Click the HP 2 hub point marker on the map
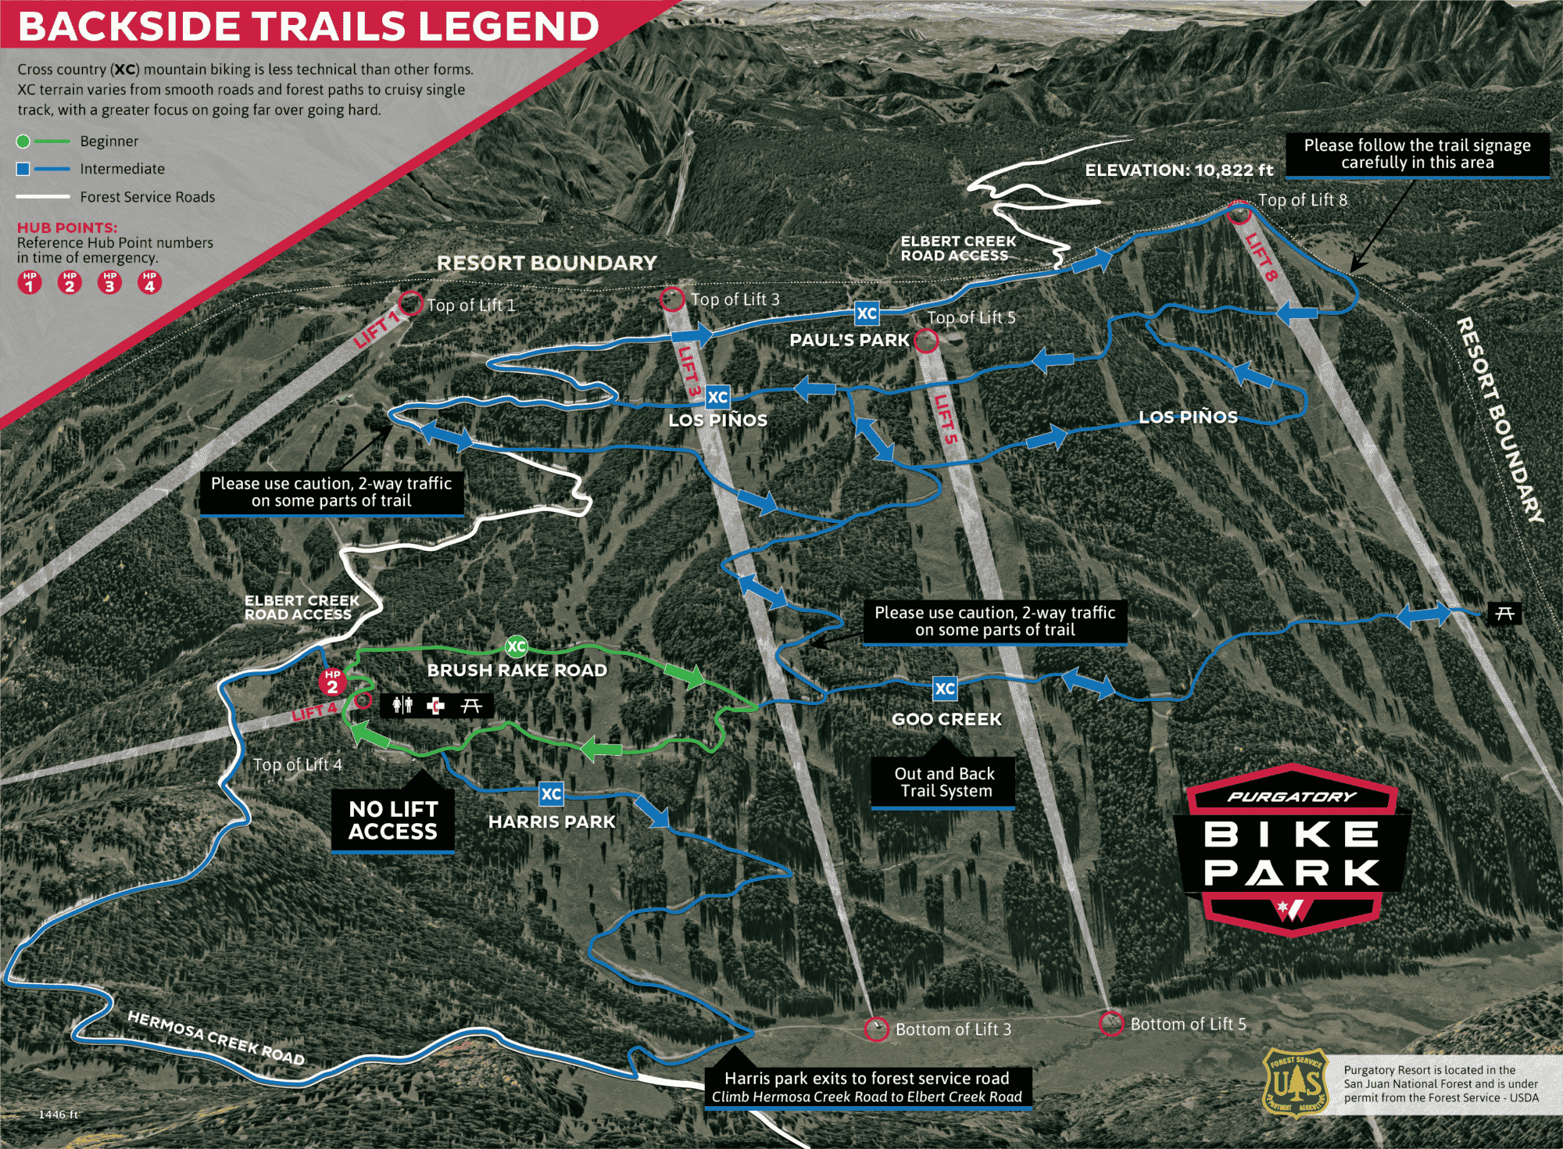(332, 682)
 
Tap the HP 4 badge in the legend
(149, 282)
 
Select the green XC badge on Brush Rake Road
(517, 646)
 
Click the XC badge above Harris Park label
(551, 794)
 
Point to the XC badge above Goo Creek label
(945, 689)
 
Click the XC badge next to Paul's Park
(867, 313)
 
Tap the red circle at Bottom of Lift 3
(876, 1029)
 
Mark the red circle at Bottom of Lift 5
(1111, 1023)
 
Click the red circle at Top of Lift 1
(410, 302)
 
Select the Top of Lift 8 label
(1303, 200)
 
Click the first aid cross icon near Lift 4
(436, 706)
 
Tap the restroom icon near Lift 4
(402, 706)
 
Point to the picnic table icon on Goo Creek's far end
(1504, 614)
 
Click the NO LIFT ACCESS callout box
(392, 820)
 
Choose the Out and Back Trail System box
(943, 782)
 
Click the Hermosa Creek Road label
(216, 1037)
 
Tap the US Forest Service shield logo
(1296, 1083)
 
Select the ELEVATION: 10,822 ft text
(1179, 170)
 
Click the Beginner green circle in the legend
(23, 141)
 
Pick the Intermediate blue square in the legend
(23, 169)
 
